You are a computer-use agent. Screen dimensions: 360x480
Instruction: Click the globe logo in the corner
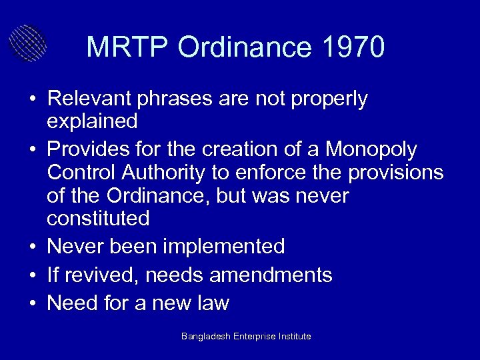coord(28,41)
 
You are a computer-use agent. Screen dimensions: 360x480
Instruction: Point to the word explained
coord(93,121)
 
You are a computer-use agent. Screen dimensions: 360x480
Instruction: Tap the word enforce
coord(269,173)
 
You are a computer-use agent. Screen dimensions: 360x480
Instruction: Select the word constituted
coord(98,217)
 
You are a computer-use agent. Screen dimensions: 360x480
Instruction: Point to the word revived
coord(93,275)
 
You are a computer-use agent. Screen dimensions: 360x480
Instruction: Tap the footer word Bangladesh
coord(206,337)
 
